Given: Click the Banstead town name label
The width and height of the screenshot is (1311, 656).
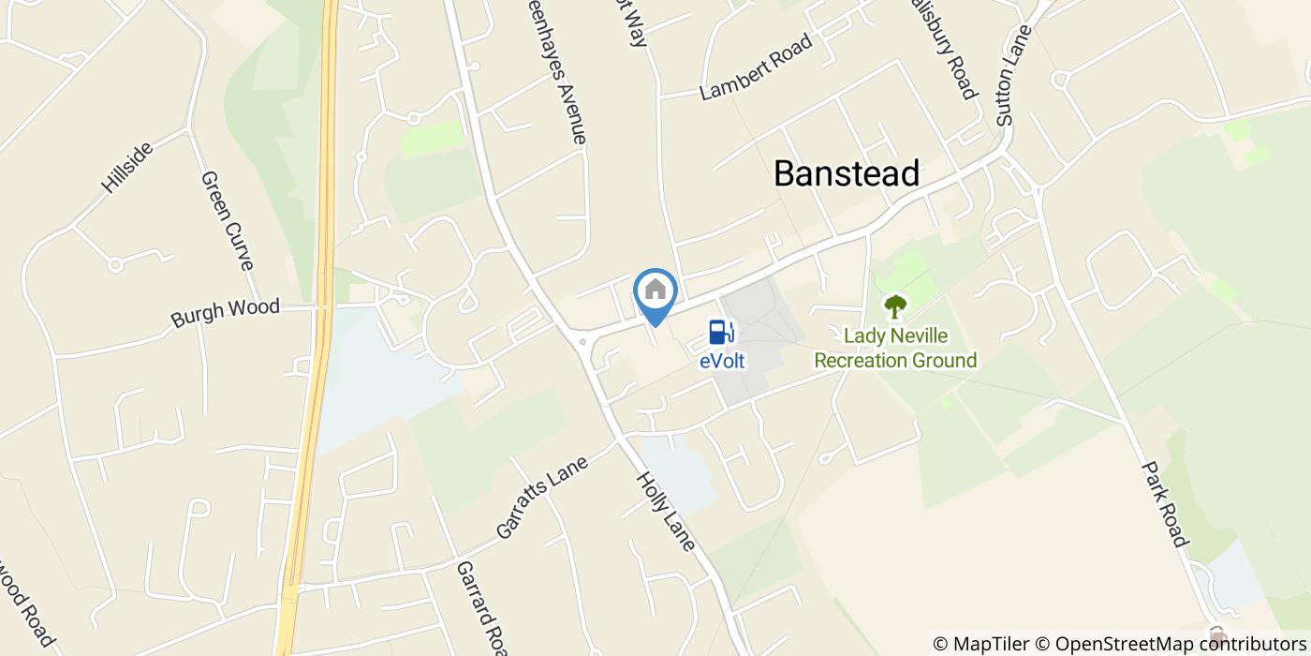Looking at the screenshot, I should pyautogui.click(x=847, y=173).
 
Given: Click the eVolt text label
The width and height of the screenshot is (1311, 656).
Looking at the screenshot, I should pyautogui.click(x=721, y=360).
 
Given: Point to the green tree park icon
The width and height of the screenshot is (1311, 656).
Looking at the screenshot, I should pyautogui.click(x=895, y=306).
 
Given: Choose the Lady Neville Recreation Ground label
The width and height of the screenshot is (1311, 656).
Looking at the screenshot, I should pyautogui.click(x=895, y=348).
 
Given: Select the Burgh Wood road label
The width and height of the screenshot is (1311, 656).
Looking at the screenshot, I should pyautogui.click(x=225, y=312).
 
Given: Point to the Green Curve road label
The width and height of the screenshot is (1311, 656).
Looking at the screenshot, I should pyautogui.click(x=228, y=220).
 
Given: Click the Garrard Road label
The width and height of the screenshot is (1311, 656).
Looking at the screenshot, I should pyautogui.click(x=480, y=607).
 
